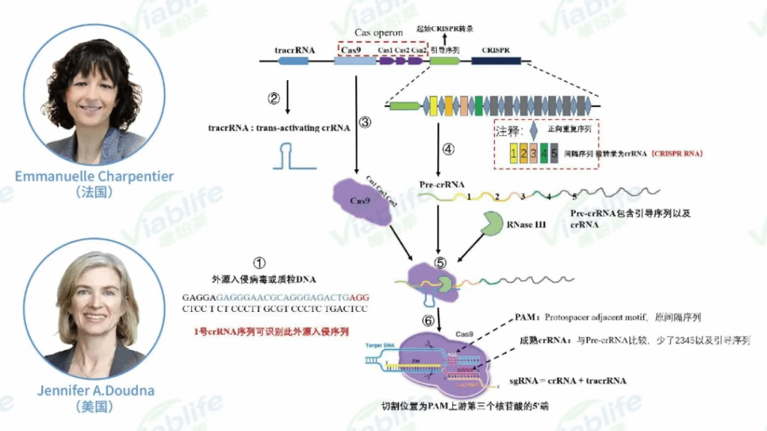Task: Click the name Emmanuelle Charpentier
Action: pyautogui.click(x=94, y=176)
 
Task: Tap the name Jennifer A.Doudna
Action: pyautogui.click(x=94, y=391)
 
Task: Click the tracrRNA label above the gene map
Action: pyautogui.click(x=295, y=50)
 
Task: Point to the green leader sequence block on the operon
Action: pyautogui.click(x=443, y=62)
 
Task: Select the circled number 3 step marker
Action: pyautogui.click(x=365, y=123)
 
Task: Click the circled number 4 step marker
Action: pyautogui.click(x=449, y=148)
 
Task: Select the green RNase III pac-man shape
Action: pyautogui.click(x=494, y=224)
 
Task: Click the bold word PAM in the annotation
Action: pyautogui.click(x=526, y=317)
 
